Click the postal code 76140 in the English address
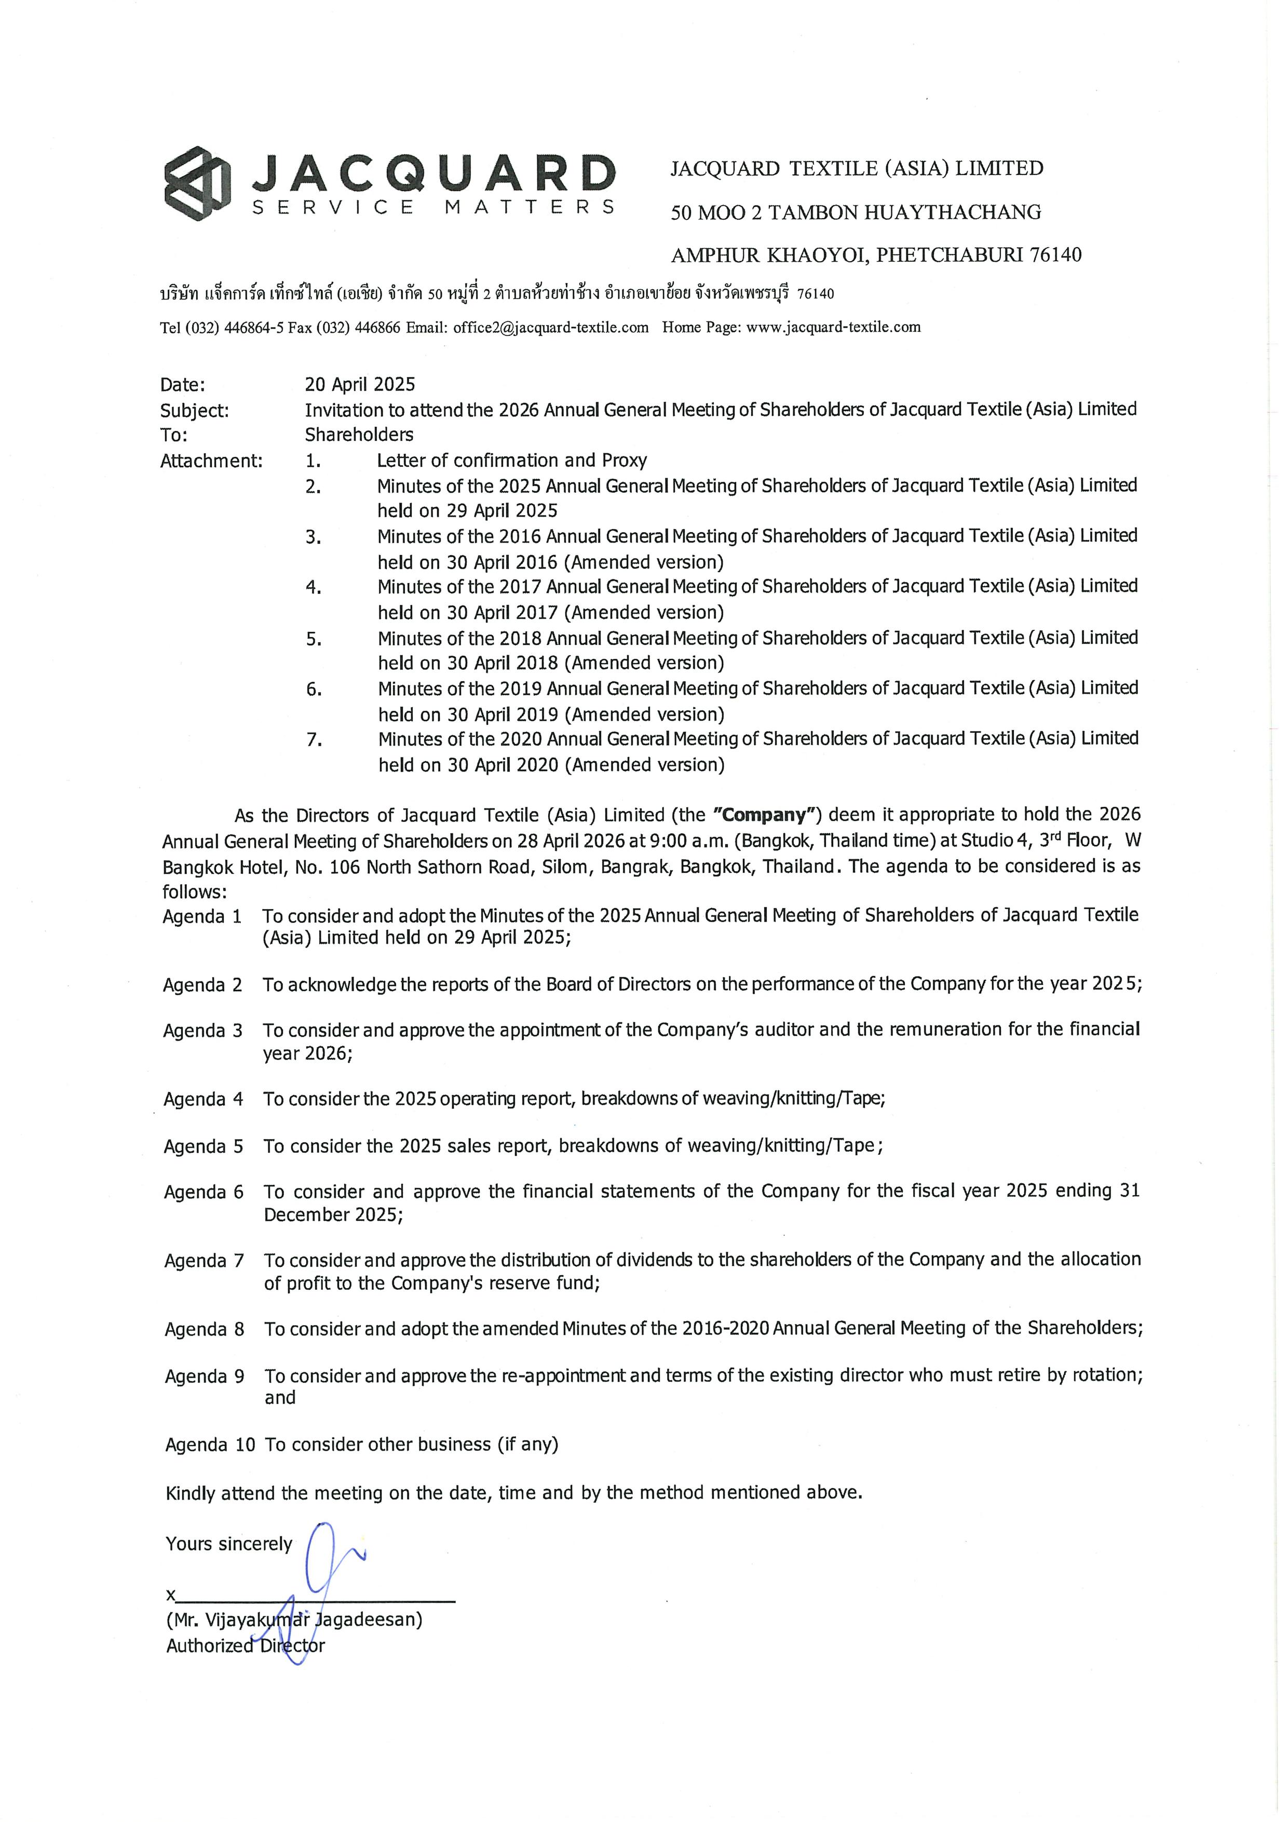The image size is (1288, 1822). pos(1055,255)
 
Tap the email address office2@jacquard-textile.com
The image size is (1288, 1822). pos(551,327)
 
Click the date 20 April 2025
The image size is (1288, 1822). pos(359,384)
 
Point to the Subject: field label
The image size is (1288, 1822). pos(195,410)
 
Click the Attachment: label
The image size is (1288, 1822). pos(211,461)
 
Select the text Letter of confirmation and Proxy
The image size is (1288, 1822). pos(512,460)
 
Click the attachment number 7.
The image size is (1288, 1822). pos(314,739)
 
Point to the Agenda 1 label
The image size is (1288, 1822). pos(202,916)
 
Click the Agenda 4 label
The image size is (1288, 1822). pos(203,1099)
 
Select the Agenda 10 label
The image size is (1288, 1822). pos(210,1445)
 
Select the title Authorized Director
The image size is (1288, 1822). pos(245,1645)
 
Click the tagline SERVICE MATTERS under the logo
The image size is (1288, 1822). pos(432,208)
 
